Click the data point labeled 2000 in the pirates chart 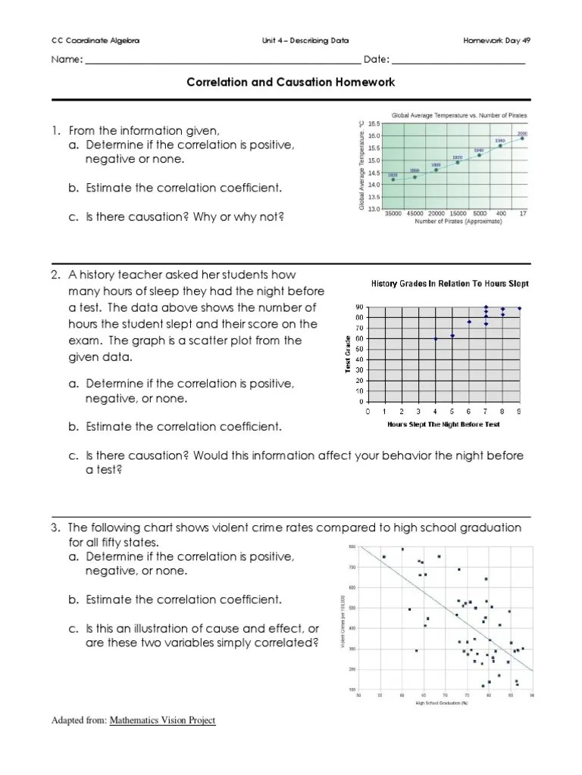522,139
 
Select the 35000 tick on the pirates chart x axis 393,214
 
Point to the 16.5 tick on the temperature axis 374,123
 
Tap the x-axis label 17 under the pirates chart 522,214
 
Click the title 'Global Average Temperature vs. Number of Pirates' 458,115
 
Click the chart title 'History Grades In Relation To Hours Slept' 449,284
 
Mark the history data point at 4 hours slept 436,338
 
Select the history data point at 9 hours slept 519,308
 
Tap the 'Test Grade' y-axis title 348,353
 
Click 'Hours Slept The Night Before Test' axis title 443,425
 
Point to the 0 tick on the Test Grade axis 361,402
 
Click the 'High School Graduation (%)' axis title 442,703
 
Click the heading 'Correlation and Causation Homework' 291,82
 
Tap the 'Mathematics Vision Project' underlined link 162,721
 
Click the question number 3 55,527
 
